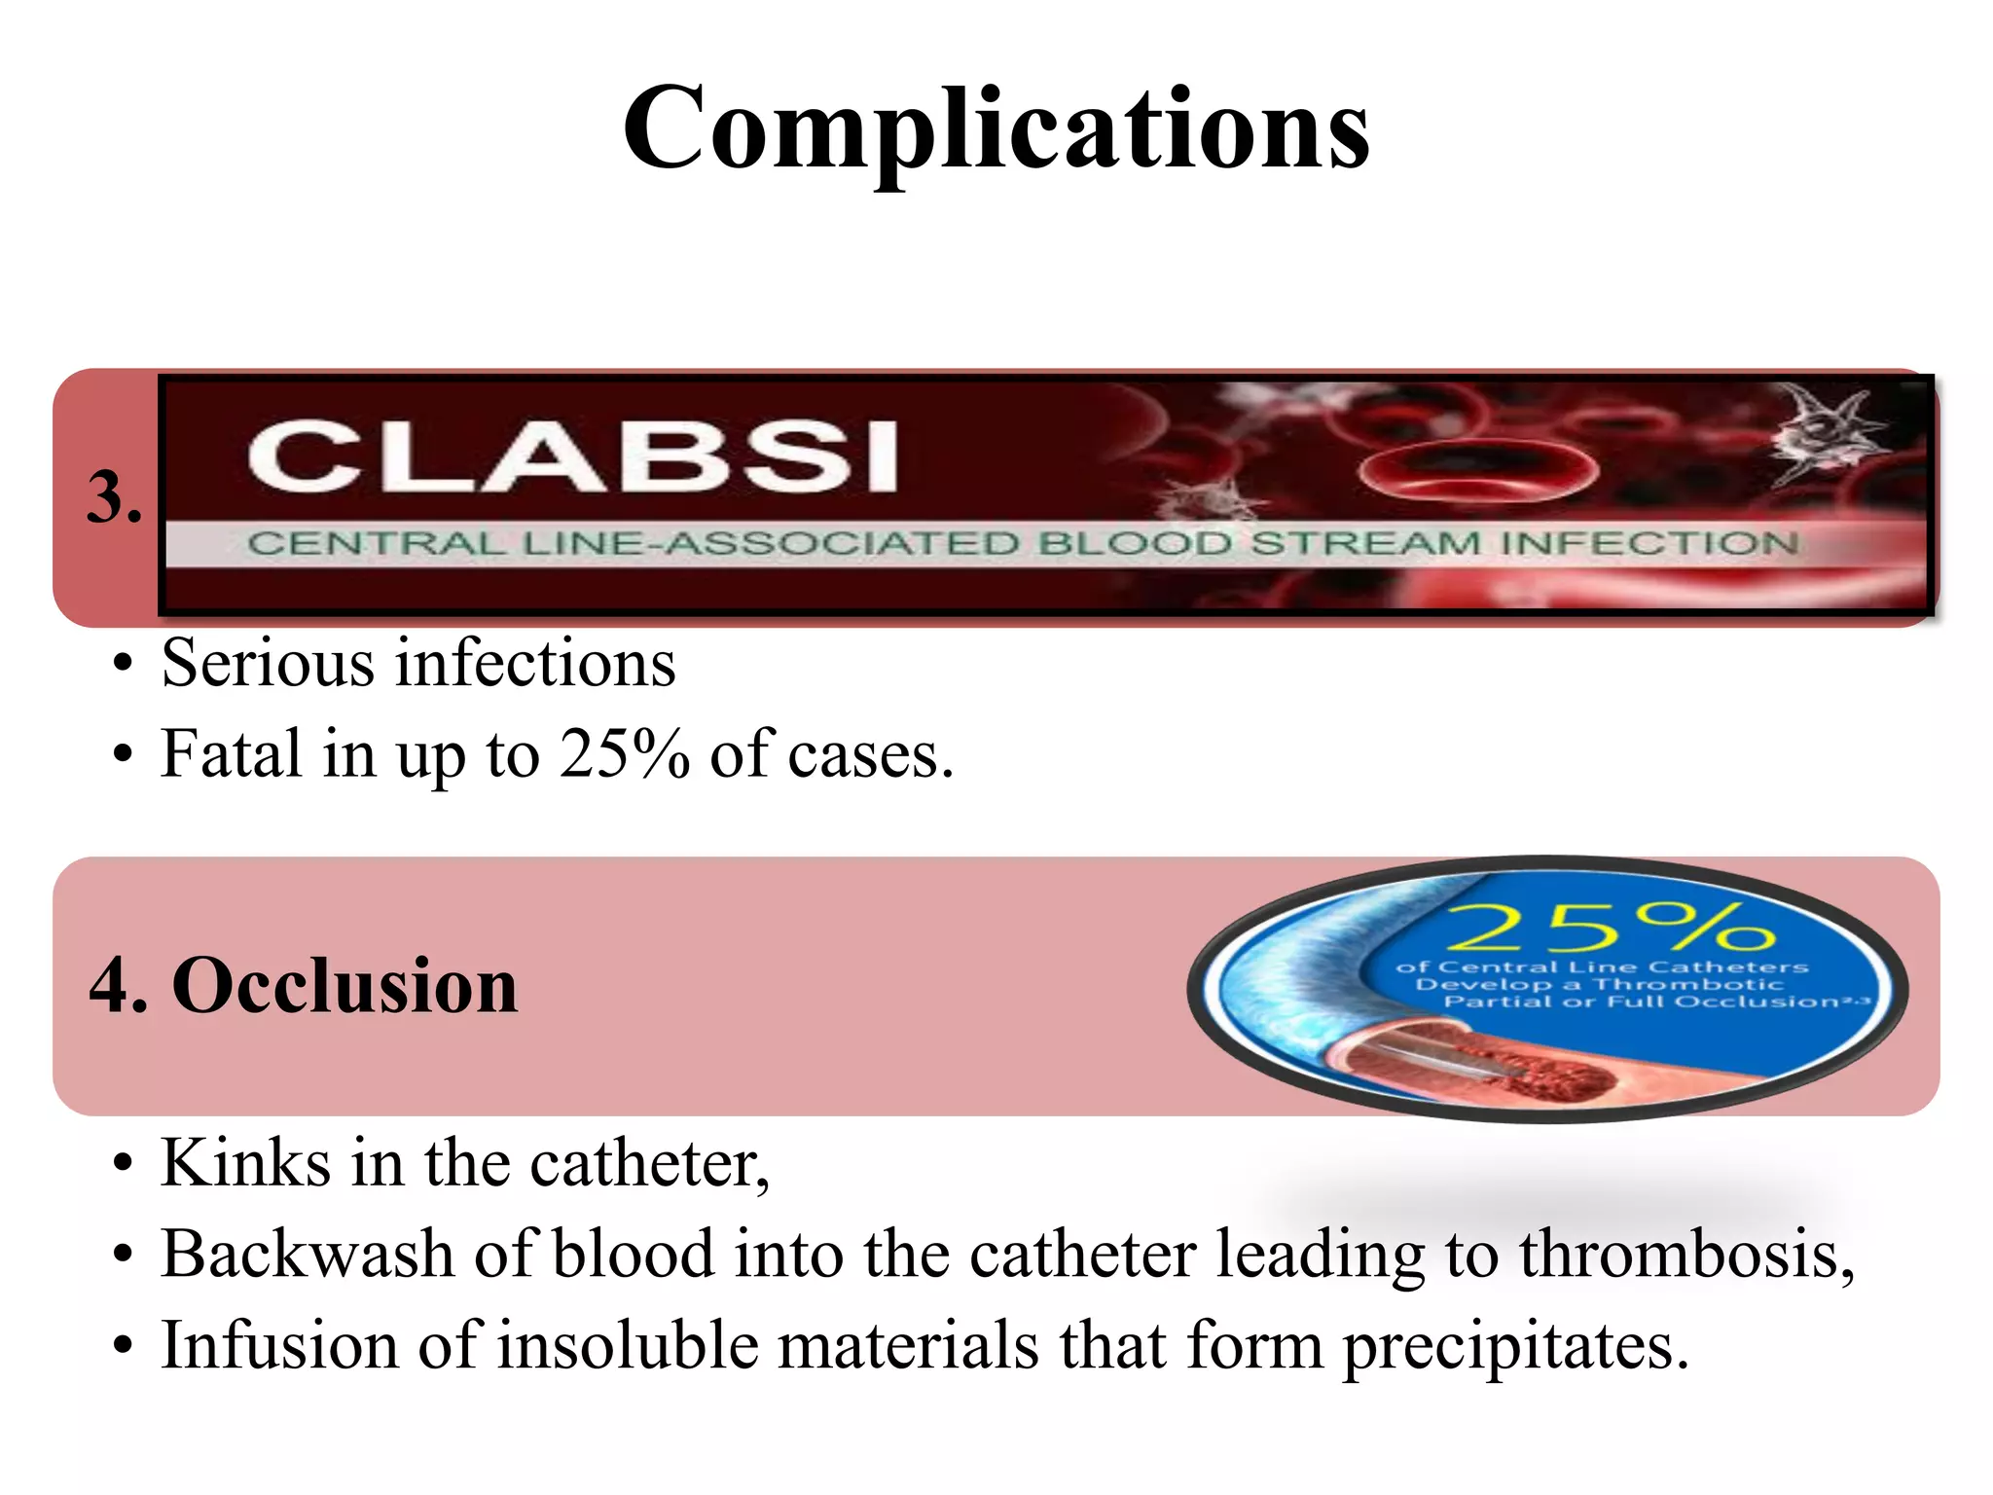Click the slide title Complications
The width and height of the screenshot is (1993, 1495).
pos(996,128)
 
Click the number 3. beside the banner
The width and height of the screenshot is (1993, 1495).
pos(114,497)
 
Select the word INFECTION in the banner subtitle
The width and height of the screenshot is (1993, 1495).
pos(1649,542)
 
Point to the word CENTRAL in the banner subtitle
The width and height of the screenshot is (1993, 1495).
pos(376,543)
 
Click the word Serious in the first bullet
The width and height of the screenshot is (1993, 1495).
pos(268,664)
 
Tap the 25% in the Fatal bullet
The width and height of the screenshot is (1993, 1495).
pos(624,754)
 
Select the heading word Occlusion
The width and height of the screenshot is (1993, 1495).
pos(345,986)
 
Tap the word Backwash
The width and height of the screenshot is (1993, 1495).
pos(307,1254)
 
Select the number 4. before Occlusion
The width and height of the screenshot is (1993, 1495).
pos(118,986)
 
